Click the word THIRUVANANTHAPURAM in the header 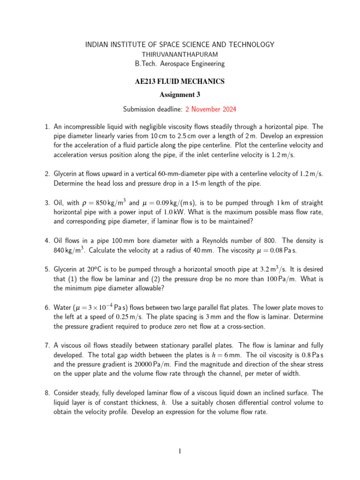click(180, 54)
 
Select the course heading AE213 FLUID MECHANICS click(180, 82)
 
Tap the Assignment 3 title click(180, 95)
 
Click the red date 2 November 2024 click(211, 109)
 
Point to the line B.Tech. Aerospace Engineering click(180, 63)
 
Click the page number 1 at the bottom click(180, 451)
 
